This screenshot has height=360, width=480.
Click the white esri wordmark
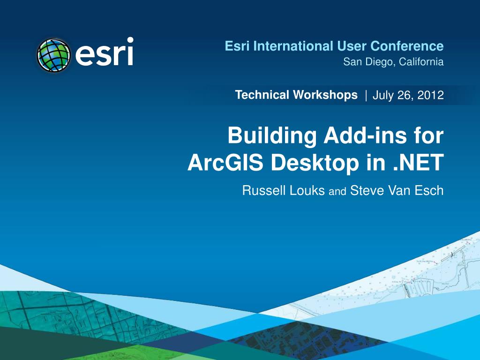point(105,52)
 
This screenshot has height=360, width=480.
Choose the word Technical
point(262,95)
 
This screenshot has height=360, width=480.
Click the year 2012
point(431,96)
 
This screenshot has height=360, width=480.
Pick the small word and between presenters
point(338,192)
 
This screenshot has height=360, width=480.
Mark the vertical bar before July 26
point(366,96)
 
